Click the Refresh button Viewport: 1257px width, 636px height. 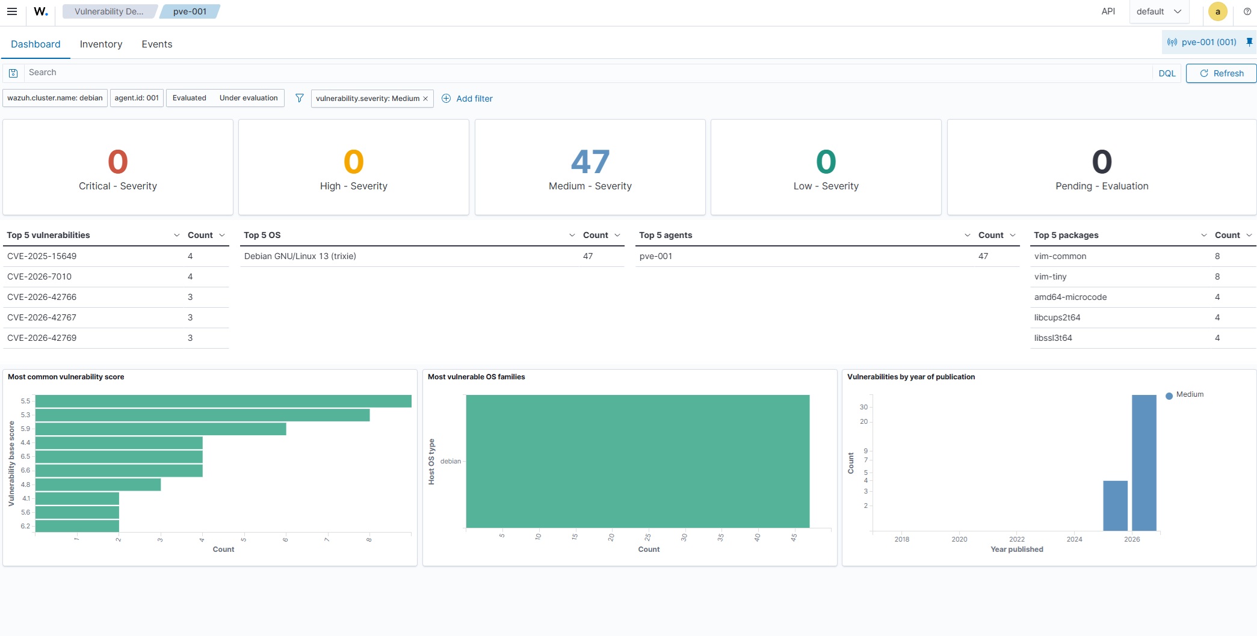1221,73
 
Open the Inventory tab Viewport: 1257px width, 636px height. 101,44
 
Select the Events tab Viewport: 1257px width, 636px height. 157,44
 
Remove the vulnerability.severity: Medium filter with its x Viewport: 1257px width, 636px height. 425,99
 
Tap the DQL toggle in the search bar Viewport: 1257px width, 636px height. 1167,73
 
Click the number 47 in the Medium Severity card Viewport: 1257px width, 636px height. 590,162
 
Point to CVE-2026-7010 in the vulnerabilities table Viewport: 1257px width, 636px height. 39,277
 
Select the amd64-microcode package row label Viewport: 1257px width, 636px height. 1070,297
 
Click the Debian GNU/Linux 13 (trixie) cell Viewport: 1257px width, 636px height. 300,256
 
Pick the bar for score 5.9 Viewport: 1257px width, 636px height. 161,429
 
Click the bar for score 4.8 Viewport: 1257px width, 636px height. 98,485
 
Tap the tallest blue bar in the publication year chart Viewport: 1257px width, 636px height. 1144,463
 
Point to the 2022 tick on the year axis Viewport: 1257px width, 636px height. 1017,539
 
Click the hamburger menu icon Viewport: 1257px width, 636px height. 11,11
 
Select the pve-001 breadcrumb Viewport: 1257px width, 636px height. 190,11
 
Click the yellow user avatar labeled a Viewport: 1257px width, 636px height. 1218,11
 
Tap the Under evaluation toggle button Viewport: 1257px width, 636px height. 249,98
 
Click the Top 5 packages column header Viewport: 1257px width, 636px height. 1066,235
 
